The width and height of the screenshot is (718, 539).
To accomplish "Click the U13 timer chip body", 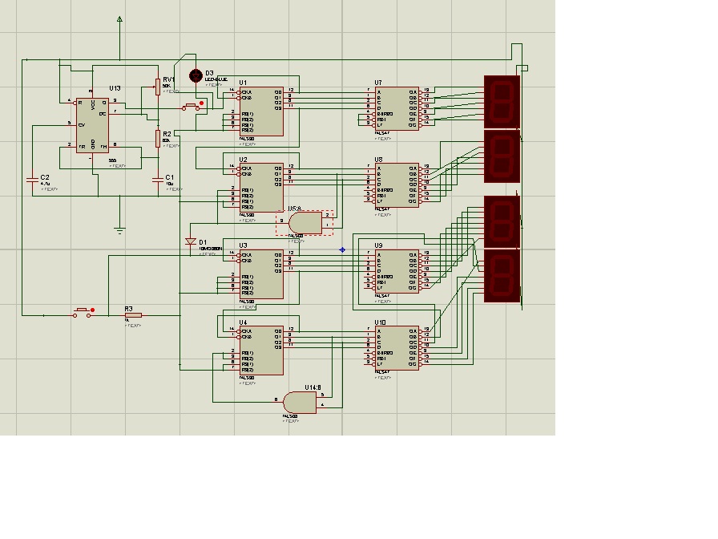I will pyautogui.click(x=92, y=125).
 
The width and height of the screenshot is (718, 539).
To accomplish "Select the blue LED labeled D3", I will pyautogui.click(x=195, y=75).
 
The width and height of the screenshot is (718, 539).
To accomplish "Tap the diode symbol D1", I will pyautogui.click(x=191, y=241).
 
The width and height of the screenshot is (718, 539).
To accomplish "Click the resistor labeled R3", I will pyautogui.click(x=133, y=316).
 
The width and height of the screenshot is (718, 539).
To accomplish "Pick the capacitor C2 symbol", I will pyautogui.click(x=33, y=177).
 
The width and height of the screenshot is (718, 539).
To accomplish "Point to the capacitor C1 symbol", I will pyautogui.click(x=157, y=177).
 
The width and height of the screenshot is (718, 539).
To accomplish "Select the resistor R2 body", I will pyautogui.click(x=158, y=139).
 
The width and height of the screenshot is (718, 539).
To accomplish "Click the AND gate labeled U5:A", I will pyautogui.click(x=305, y=222).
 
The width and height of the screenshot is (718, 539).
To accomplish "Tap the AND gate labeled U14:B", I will pyautogui.click(x=300, y=402).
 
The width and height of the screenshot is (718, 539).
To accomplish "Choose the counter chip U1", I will pyautogui.click(x=260, y=112).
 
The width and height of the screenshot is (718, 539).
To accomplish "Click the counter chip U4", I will pyautogui.click(x=260, y=350).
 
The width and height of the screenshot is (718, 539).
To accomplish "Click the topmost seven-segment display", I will pyautogui.click(x=502, y=101).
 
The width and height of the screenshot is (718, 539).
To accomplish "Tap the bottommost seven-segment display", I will pyautogui.click(x=502, y=275).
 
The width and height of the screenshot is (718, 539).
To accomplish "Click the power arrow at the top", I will pyautogui.click(x=119, y=18).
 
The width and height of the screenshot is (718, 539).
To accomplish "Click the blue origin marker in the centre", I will pyautogui.click(x=342, y=249).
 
